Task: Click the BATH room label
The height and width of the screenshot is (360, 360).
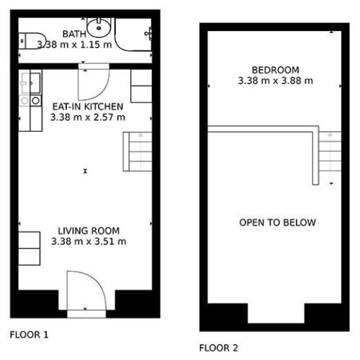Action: click(x=74, y=34)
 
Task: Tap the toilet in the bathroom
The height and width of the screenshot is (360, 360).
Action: click(x=32, y=41)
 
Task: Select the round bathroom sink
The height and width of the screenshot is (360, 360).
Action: click(x=99, y=27)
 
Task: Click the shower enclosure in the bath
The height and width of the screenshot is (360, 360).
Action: click(x=133, y=35)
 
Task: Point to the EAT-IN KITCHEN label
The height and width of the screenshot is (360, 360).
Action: click(x=88, y=107)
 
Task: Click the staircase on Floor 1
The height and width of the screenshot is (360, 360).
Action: click(x=138, y=152)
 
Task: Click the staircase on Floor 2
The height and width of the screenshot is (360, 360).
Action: click(x=330, y=151)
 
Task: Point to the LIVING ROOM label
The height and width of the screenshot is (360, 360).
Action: click(x=89, y=231)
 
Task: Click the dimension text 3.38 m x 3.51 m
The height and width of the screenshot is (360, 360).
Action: click(x=89, y=241)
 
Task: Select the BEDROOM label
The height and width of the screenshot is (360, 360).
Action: click(x=276, y=70)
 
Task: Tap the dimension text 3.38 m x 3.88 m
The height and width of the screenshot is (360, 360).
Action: click(x=276, y=81)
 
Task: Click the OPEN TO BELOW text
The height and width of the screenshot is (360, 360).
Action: click(x=277, y=222)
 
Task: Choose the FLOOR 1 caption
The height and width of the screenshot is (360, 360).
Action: click(x=29, y=335)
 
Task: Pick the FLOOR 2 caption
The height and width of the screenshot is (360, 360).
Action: click(x=219, y=348)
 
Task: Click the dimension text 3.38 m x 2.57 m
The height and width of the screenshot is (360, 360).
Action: click(x=88, y=117)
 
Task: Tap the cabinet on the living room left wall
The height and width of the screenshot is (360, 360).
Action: click(x=30, y=248)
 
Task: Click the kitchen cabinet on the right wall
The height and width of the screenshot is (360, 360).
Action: click(x=141, y=86)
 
